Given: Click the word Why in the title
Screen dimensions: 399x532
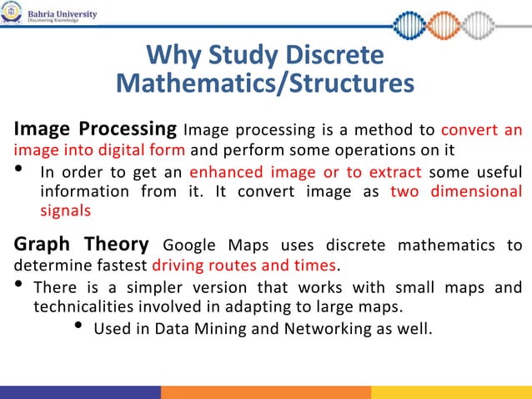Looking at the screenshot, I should tap(170, 56).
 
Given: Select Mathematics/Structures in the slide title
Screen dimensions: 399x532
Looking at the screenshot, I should tap(264, 83).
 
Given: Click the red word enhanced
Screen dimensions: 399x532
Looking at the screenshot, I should tap(220, 173).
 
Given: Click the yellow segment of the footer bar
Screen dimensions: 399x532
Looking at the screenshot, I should tap(451, 392).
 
